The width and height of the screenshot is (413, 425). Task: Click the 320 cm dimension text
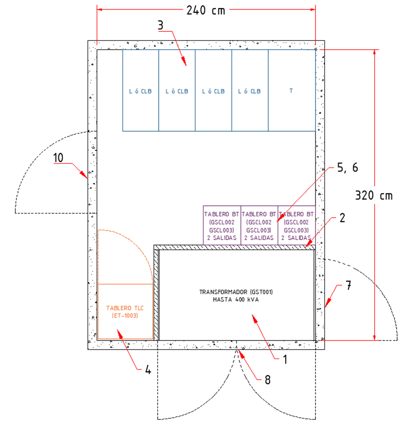tap(374, 195)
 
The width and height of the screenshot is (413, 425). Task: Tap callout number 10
tap(58, 158)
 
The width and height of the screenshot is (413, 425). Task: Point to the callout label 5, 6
tap(347, 169)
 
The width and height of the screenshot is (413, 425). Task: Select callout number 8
tap(267, 380)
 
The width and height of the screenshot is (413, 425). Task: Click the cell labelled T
tap(291, 91)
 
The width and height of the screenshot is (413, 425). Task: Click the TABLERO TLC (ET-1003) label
tap(122, 312)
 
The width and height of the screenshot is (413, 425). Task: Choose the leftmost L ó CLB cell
tap(140, 91)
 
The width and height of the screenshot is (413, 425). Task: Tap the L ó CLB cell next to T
tap(249, 91)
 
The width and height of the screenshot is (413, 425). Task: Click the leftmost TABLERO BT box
tap(221, 226)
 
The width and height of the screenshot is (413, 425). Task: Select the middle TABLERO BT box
tap(259, 226)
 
